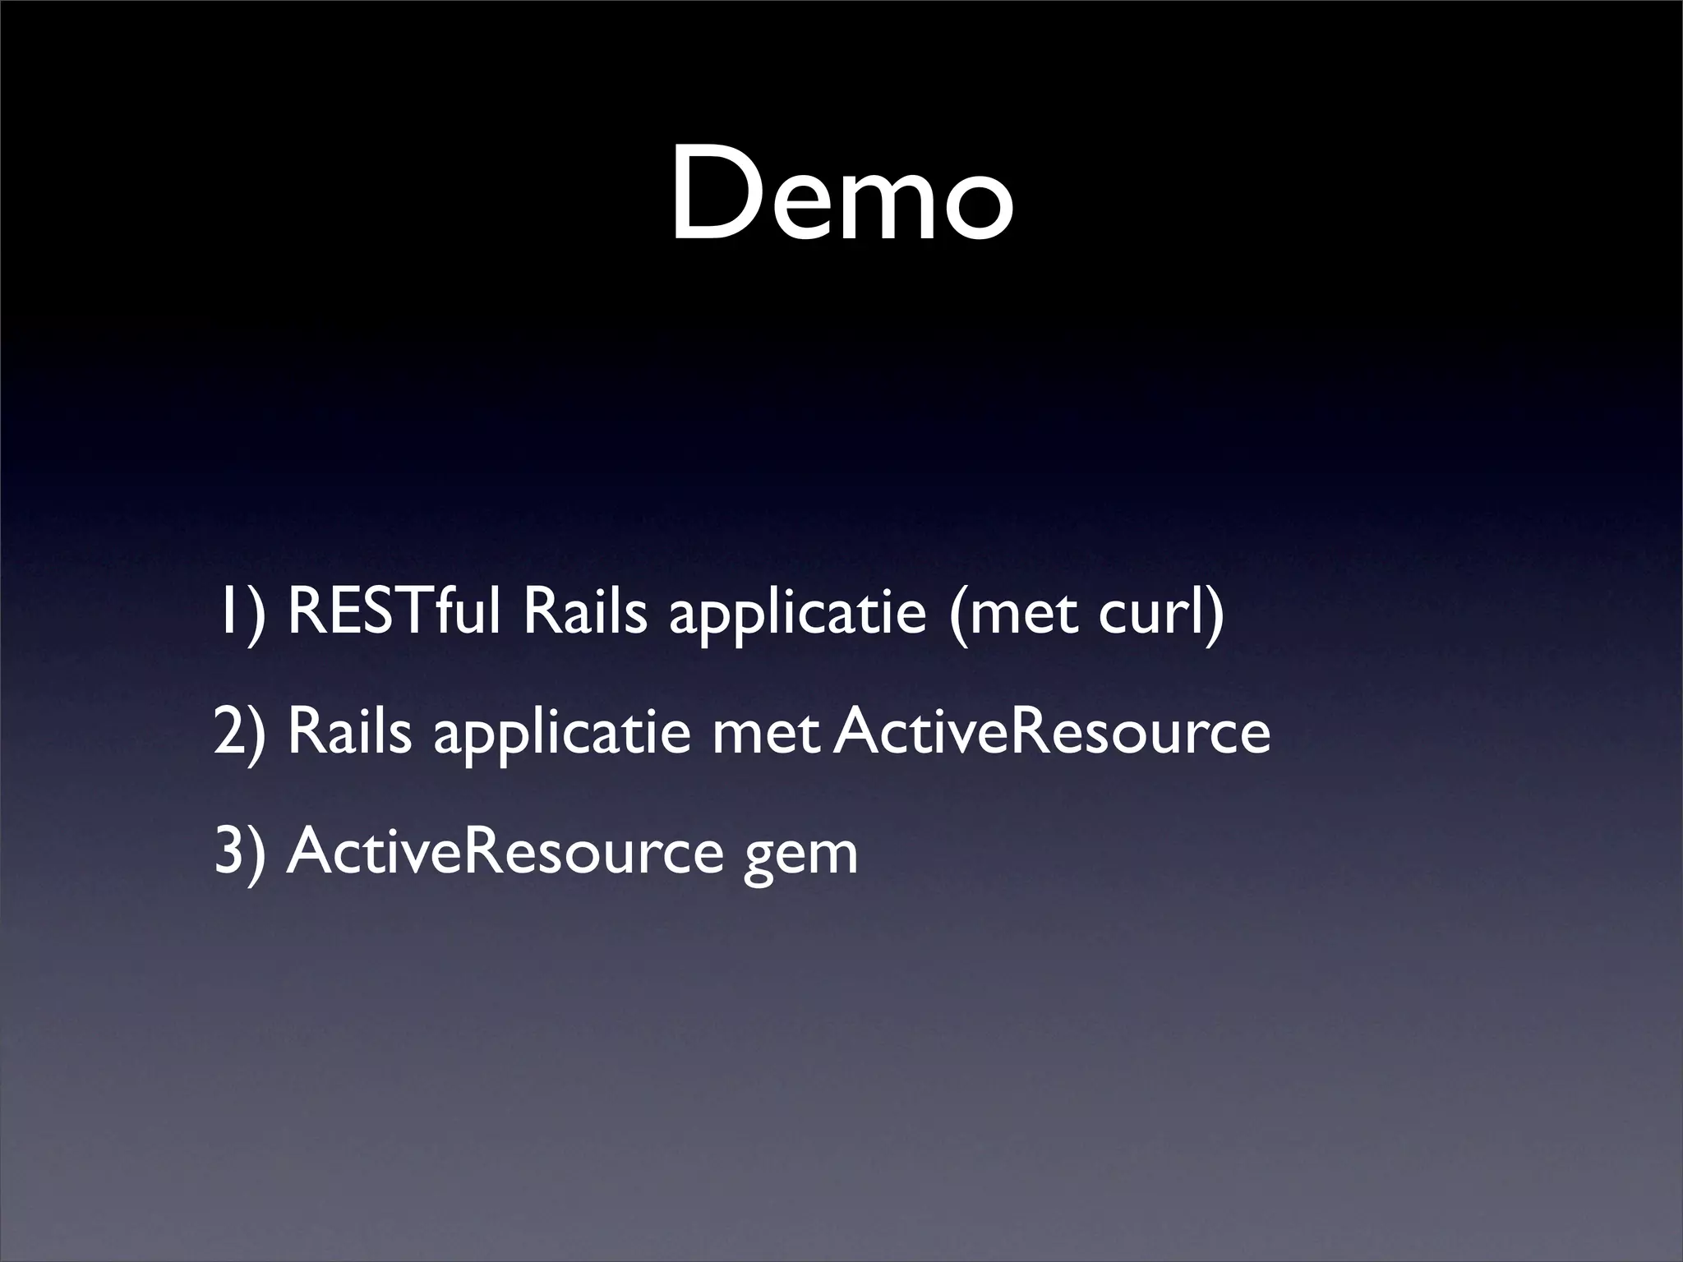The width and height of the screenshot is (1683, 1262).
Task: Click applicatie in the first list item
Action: coord(797,616)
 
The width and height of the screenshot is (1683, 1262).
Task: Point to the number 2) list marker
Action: coord(240,732)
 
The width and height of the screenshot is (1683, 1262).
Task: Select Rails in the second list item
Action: coord(349,730)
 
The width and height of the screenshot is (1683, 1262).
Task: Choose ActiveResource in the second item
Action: coord(1052,732)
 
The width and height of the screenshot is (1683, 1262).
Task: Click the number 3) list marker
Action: coord(240,851)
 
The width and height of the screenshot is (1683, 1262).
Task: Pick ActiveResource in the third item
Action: coord(504,851)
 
